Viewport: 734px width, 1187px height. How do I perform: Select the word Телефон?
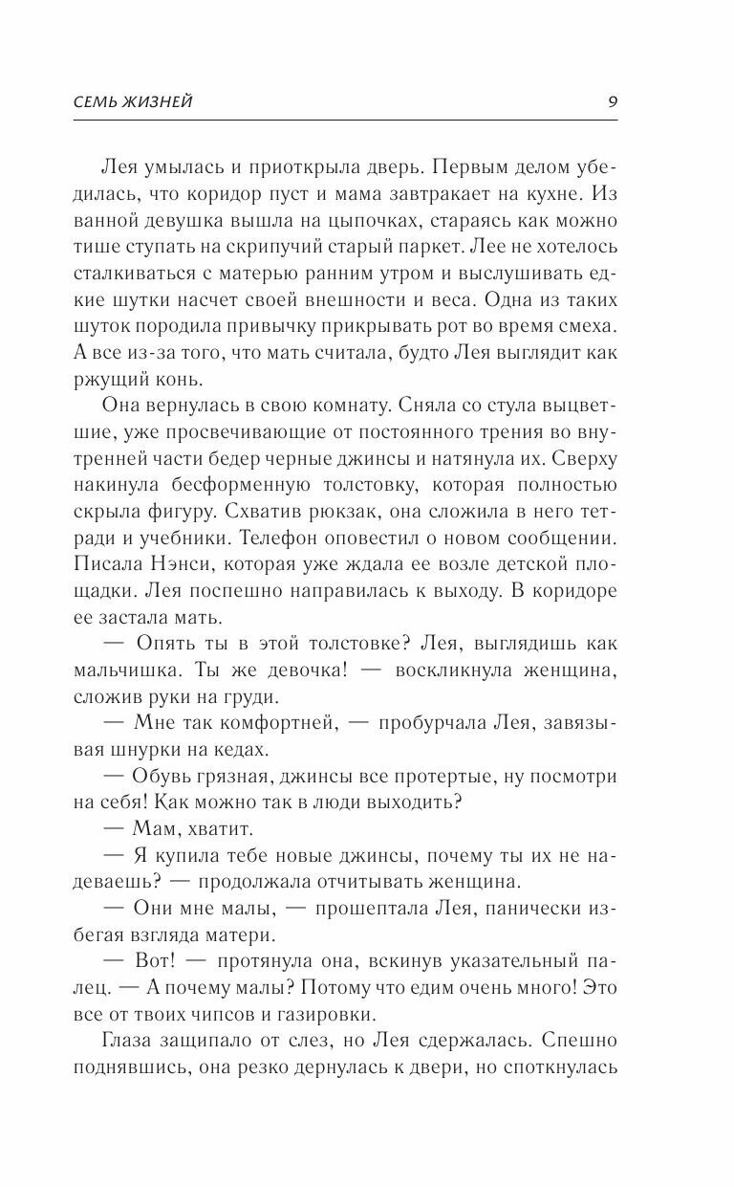tap(297, 525)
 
